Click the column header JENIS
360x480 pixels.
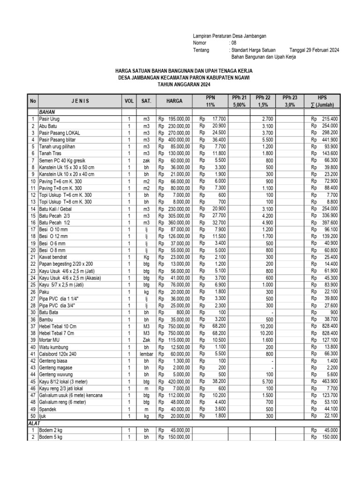tap(80, 101)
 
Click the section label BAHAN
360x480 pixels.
tap(48, 113)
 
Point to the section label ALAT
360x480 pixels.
tap(36, 423)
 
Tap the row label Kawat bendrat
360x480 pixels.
tap(53, 257)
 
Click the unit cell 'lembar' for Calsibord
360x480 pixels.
tap(146, 354)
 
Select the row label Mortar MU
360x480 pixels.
tap(50, 340)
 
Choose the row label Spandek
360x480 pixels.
tap(48, 409)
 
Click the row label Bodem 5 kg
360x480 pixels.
tap(51, 437)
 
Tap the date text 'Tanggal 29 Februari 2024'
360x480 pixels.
tap(314, 50)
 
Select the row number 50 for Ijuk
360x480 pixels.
tap(33, 416)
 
